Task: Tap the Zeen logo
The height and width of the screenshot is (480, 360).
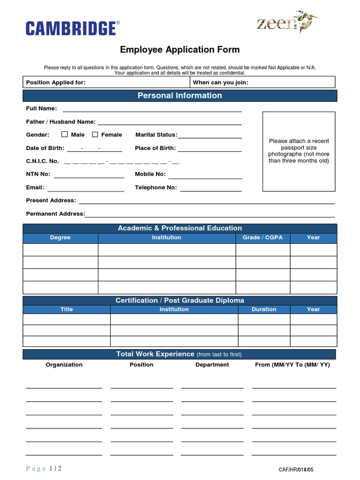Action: [x=286, y=22]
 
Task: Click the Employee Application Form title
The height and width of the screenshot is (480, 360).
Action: [x=180, y=50]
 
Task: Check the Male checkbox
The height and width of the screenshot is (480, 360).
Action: [x=65, y=135]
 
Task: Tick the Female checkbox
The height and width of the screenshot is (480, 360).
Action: [x=95, y=135]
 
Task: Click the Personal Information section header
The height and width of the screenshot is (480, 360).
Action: [x=180, y=96]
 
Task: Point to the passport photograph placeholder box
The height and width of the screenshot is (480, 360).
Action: [x=299, y=151]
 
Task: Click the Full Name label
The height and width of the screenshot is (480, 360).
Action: [x=41, y=108]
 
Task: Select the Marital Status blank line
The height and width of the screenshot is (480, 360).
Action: [x=210, y=136]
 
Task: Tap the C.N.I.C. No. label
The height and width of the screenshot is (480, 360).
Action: [x=42, y=161]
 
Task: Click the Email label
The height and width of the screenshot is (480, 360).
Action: [x=35, y=187]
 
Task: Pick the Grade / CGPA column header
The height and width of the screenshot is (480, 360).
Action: [x=262, y=238]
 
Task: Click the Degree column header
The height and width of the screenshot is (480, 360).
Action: [x=60, y=238]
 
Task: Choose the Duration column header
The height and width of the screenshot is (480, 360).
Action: [x=264, y=309]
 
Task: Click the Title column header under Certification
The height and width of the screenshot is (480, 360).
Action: [x=67, y=309]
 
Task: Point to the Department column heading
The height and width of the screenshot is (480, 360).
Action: [x=212, y=365]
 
